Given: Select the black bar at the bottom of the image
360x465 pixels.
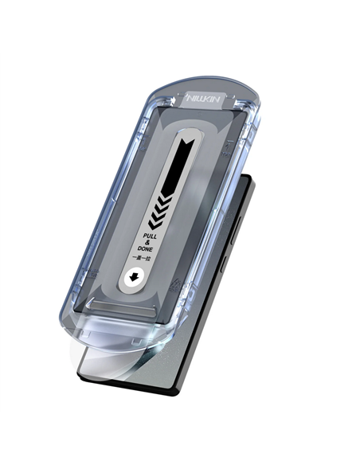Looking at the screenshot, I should pyautogui.click(x=180, y=439).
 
